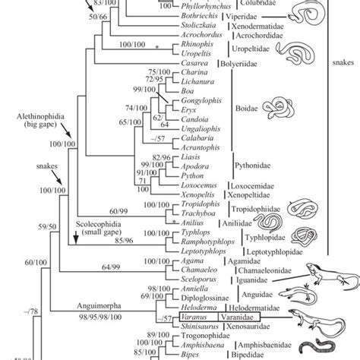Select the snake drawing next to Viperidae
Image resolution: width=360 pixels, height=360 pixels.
point(296,17)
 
